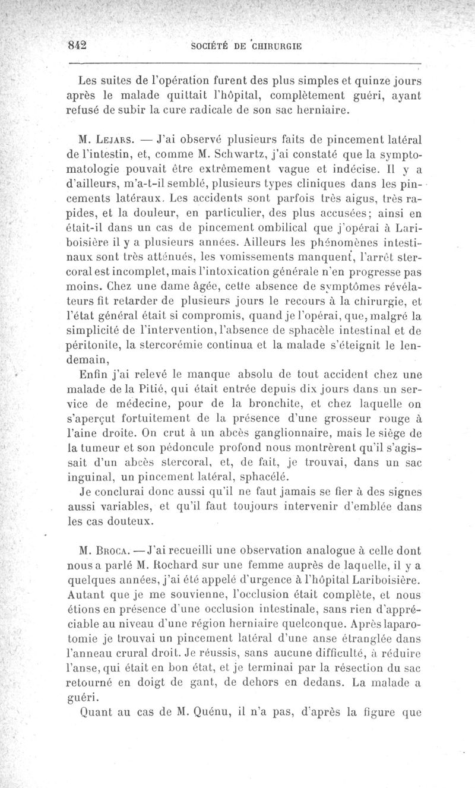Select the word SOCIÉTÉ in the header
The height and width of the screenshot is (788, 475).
211,46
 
